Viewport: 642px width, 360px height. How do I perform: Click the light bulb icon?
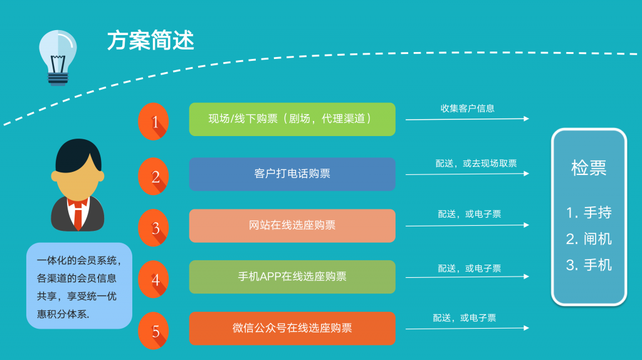click(x=57, y=56)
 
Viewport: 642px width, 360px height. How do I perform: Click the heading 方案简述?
click(x=150, y=40)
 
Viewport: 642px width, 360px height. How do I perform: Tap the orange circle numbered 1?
click(x=154, y=121)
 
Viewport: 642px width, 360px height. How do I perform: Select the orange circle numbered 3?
click(x=154, y=226)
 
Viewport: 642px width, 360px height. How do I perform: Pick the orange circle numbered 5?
click(x=154, y=330)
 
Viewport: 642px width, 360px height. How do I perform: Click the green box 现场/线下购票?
click(x=292, y=119)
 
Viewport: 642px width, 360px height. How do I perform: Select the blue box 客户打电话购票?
click(x=292, y=174)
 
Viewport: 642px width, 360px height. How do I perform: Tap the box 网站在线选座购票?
click(x=292, y=225)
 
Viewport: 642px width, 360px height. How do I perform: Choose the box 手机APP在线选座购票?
click(x=292, y=277)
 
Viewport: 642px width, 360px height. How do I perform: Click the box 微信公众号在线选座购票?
click(x=292, y=328)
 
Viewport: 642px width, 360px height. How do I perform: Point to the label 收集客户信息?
click(x=467, y=108)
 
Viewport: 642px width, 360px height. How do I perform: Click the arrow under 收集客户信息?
click(x=467, y=119)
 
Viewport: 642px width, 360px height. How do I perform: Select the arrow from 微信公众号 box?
click(x=467, y=328)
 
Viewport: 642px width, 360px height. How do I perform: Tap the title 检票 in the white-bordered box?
click(x=589, y=168)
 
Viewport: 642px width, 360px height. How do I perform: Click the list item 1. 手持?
click(x=589, y=213)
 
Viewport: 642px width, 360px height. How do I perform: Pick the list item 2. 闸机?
click(x=589, y=239)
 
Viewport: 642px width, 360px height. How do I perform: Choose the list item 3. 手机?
click(x=589, y=265)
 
